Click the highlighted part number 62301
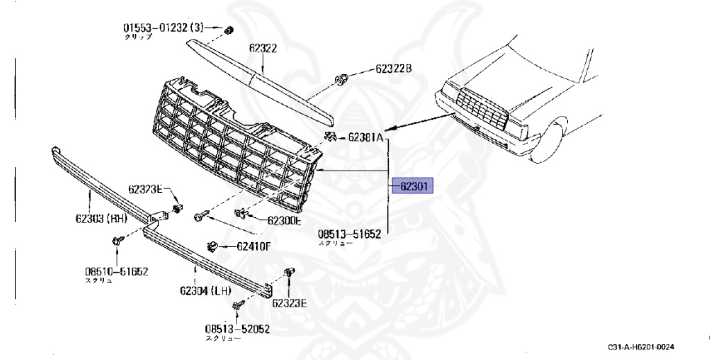[413, 186]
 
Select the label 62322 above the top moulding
[263, 49]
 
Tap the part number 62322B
[394, 69]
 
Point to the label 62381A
[365, 137]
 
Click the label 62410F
[254, 246]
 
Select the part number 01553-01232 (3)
[164, 28]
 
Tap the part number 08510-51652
[116, 271]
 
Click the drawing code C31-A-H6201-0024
[641, 347]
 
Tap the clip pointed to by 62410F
[214, 245]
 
